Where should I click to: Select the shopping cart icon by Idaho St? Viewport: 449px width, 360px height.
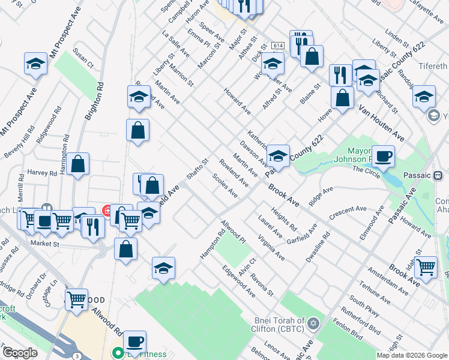point(426,266)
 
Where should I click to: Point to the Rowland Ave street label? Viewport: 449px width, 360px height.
point(234,172)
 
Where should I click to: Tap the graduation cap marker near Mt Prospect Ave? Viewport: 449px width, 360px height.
point(36,64)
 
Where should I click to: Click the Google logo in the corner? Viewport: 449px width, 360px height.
point(20,353)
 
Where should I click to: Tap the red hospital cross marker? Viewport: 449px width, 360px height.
point(107,211)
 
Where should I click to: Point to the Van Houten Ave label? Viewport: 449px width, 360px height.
point(382,124)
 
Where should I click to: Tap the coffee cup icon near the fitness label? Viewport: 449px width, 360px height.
point(136,341)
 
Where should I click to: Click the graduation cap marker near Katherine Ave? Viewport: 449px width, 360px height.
point(278,157)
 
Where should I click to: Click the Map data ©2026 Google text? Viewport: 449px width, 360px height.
point(411,355)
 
